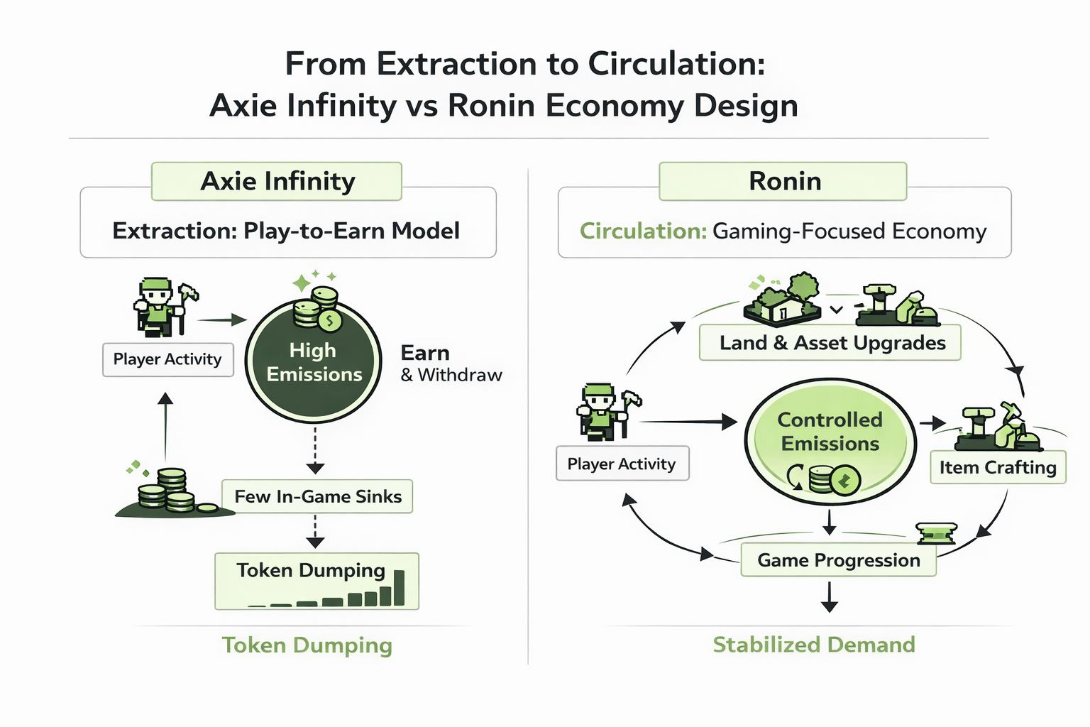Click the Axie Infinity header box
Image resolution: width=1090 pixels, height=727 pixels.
coord(276,181)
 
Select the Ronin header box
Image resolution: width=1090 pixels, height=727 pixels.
coord(783,181)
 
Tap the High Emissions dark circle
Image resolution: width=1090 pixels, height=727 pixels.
coord(314,361)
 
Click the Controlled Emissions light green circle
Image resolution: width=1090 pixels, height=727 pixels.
coord(830,441)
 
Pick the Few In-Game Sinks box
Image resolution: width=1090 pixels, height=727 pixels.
coord(317,496)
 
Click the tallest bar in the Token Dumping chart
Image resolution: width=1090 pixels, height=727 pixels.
coord(399,587)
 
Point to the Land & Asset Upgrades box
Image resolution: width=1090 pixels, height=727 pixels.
coord(830,343)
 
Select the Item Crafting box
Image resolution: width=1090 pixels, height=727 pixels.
coord(998,467)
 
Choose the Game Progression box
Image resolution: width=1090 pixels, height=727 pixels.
coord(838,560)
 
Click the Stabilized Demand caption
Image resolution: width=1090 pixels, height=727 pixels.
coord(814,644)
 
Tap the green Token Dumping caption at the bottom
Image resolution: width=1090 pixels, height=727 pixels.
coord(307,645)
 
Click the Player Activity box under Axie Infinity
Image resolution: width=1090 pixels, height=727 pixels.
coord(168,359)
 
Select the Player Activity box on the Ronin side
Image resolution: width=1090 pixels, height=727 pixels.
coord(622,463)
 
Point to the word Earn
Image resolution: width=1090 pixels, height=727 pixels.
coord(425,353)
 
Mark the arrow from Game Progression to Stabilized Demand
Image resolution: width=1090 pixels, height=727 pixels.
coord(829,596)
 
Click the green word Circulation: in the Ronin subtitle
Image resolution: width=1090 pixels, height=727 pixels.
coord(644,231)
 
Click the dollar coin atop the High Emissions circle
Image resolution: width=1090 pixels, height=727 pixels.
coord(330,320)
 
